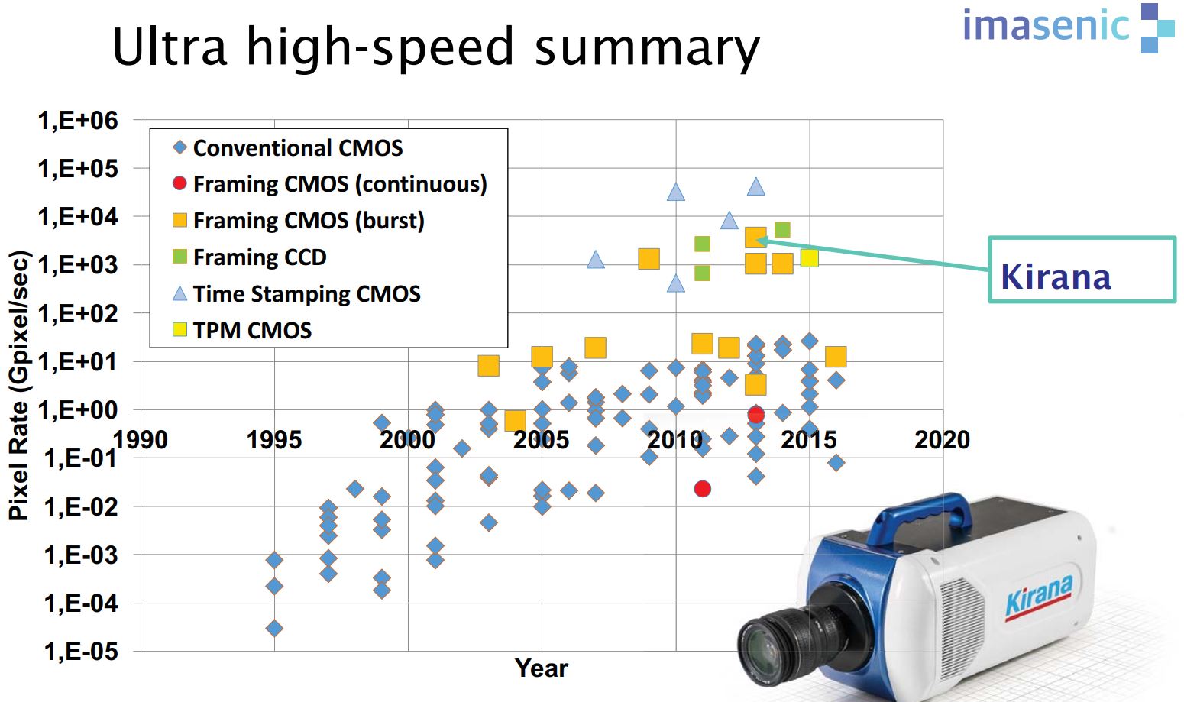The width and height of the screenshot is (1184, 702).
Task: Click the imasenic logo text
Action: pos(1046,26)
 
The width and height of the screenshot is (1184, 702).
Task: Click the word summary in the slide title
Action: pos(646,47)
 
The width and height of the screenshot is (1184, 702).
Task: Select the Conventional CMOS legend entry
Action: pos(297,147)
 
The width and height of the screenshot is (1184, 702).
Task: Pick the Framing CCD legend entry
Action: pos(259,257)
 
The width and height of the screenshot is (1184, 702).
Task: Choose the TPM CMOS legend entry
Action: pos(251,330)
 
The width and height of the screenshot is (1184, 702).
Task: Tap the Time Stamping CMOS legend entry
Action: pos(306,294)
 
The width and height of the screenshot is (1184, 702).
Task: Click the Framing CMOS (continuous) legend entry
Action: pos(339,184)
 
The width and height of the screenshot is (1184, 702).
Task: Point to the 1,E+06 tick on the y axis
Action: pos(78,120)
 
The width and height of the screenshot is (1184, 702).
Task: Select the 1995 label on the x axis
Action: pos(273,440)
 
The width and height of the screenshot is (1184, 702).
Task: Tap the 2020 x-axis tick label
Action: pos(942,440)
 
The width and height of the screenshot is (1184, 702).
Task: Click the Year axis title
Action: pos(541,668)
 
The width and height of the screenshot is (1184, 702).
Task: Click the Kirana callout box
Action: pos(1081,270)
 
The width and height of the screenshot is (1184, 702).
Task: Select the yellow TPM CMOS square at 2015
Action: pos(809,258)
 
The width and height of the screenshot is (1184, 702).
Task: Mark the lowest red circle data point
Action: pos(703,489)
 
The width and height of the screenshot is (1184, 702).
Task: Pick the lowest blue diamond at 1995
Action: pos(274,628)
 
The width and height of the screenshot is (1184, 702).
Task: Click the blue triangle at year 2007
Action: pos(596,260)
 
